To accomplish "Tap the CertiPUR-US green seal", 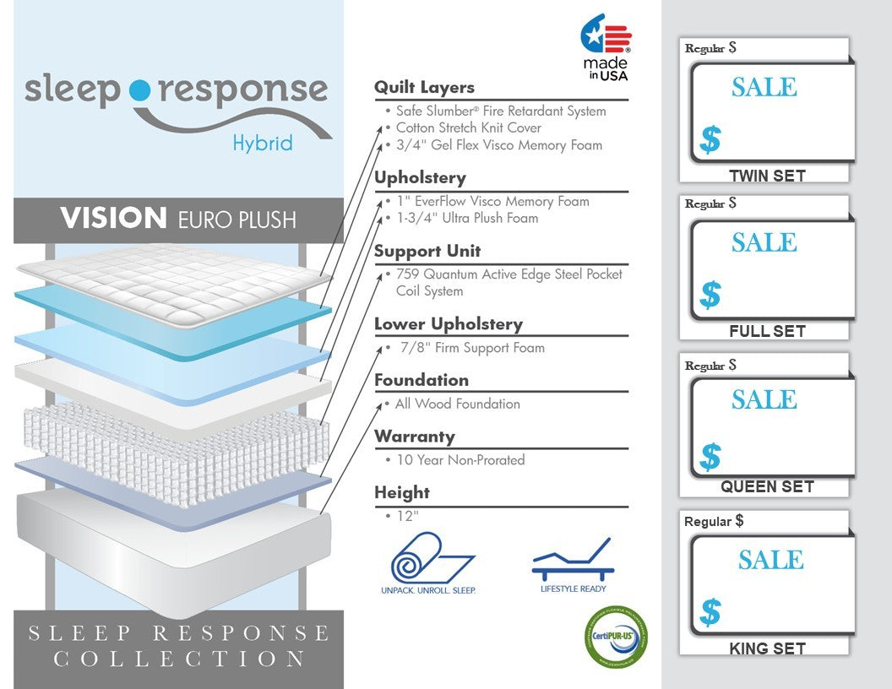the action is (x=616, y=637).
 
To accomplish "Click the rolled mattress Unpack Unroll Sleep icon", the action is (x=428, y=563).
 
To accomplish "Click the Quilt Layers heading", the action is (x=424, y=88).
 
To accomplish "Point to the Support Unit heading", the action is (x=427, y=251).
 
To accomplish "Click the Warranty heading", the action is (x=414, y=437).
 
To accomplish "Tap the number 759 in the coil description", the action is (x=407, y=274).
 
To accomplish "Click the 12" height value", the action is (x=408, y=516).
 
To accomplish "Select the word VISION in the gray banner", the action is (x=113, y=219).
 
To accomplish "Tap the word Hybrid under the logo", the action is (x=263, y=143).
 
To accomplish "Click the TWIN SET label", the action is (x=768, y=176).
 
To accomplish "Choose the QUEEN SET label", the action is (x=768, y=486).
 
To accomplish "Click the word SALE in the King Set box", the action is (x=771, y=560).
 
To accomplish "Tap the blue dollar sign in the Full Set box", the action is (x=710, y=295).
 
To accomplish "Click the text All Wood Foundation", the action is (x=458, y=404).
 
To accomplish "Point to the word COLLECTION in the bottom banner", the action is (x=179, y=659).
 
